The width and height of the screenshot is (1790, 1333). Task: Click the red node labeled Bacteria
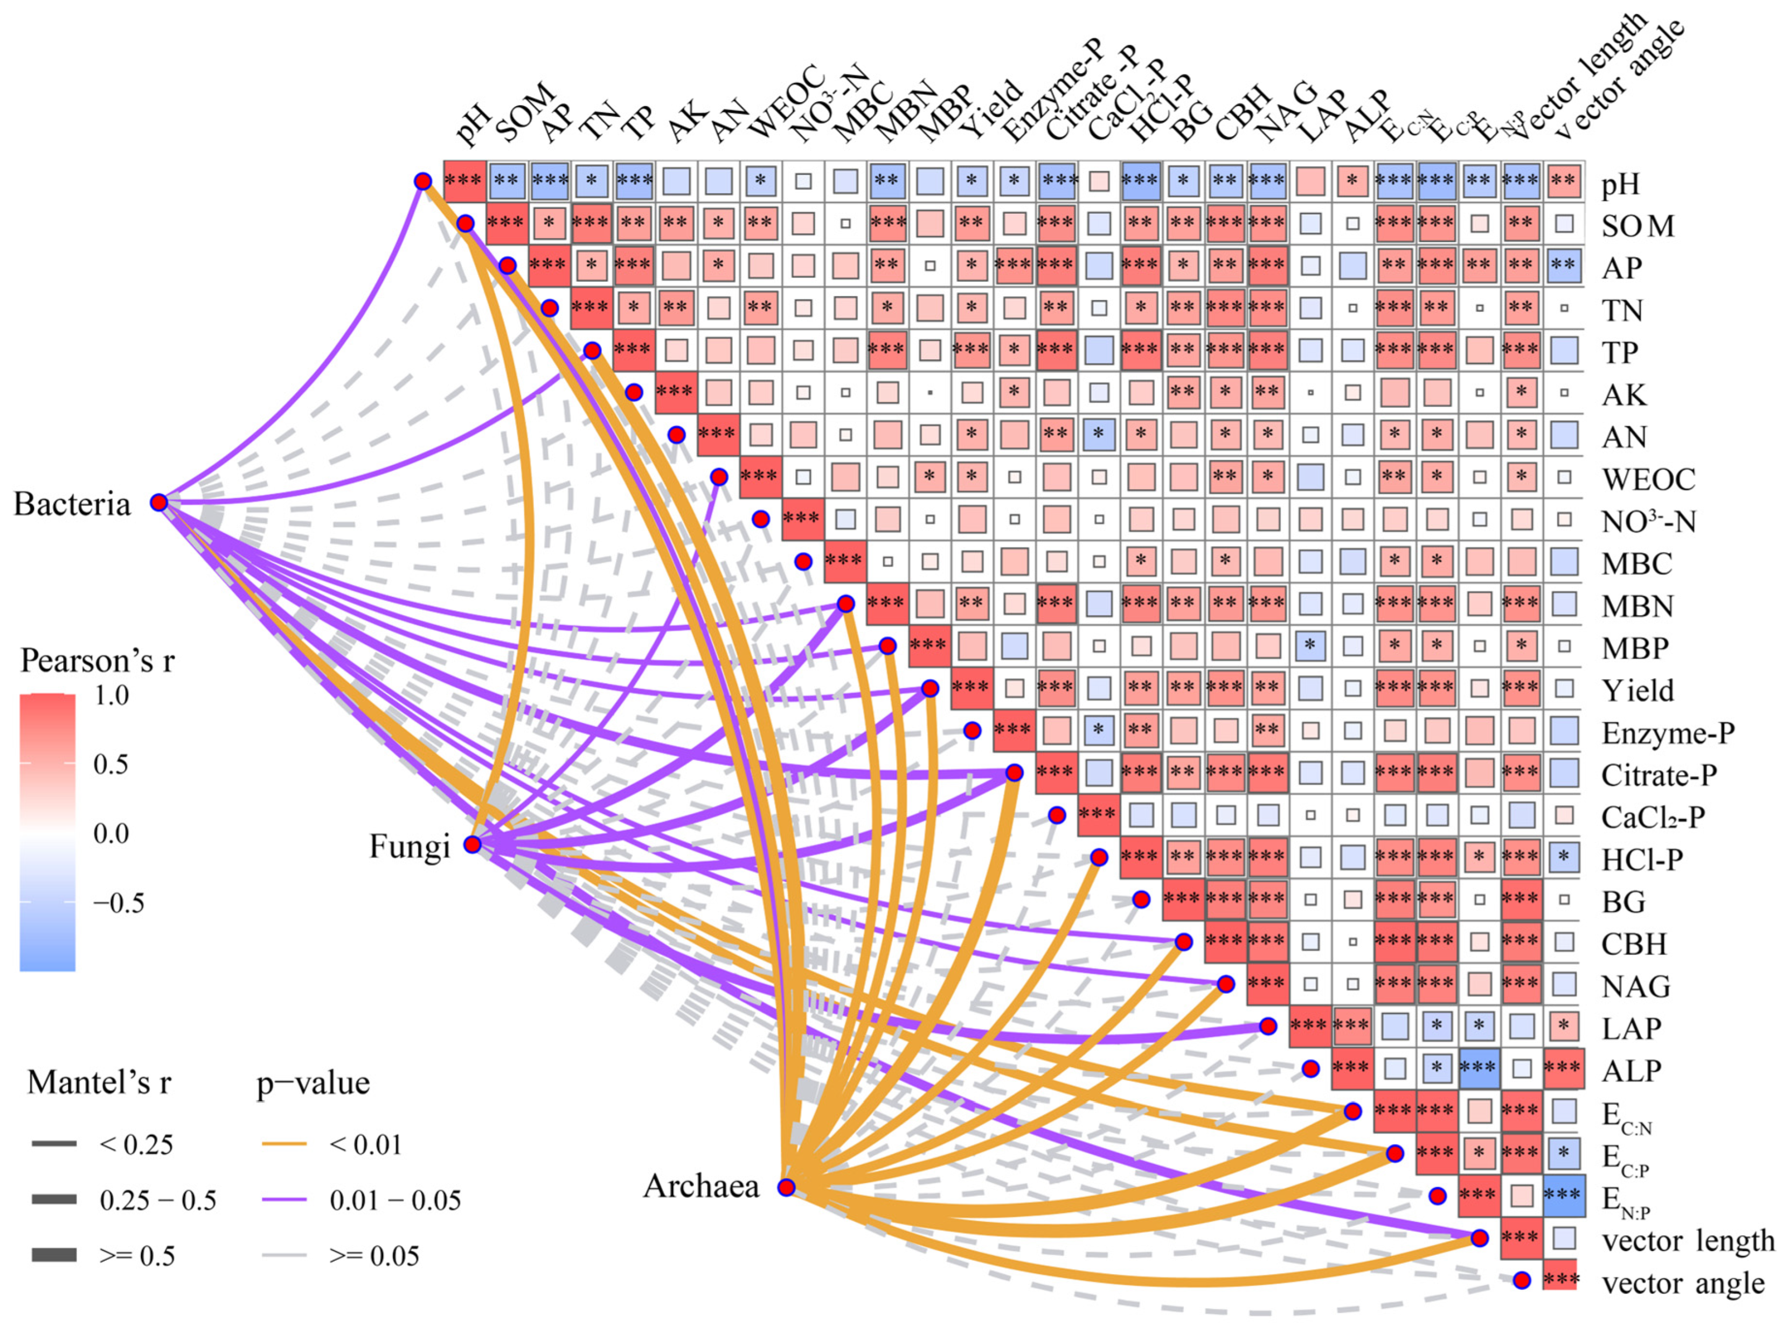tap(159, 503)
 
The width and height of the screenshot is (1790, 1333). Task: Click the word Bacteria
tap(72, 504)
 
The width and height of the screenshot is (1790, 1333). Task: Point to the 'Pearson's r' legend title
tap(97, 661)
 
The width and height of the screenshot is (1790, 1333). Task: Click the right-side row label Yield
tap(1638, 690)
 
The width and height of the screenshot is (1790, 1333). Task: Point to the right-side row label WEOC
tap(1649, 479)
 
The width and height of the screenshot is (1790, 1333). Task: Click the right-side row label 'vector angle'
tap(1683, 1283)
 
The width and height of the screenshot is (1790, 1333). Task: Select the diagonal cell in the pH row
tap(464, 180)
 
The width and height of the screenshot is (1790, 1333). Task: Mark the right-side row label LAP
tap(1631, 1028)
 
